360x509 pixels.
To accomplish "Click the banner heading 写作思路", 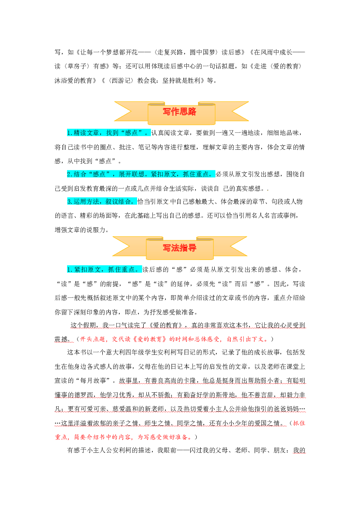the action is click(x=179, y=111).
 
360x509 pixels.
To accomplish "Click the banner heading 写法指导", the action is click(x=179, y=248).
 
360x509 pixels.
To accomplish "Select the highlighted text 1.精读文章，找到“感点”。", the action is click(x=109, y=133).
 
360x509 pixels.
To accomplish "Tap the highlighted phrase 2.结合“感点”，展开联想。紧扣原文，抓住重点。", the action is click(x=141, y=174).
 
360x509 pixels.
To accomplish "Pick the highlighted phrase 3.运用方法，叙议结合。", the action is click(x=102, y=202).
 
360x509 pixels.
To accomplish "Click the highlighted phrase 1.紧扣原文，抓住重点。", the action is click(x=104, y=270).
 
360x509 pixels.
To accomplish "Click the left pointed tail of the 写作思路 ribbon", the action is click(x=115, y=111).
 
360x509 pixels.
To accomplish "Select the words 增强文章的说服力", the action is click(x=80, y=230).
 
